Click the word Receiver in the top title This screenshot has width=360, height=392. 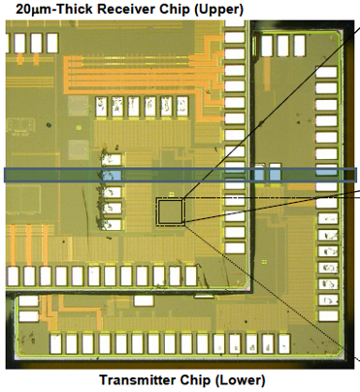(x=129, y=9)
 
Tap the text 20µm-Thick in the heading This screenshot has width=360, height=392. (x=54, y=9)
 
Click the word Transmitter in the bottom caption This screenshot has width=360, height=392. (x=138, y=380)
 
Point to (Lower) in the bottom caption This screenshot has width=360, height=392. (x=241, y=380)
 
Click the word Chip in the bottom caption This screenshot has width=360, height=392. (x=196, y=380)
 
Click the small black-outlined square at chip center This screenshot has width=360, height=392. (x=170, y=212)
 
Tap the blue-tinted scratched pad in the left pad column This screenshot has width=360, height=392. (x=112, y=176)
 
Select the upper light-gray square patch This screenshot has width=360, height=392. (x=78, y=106)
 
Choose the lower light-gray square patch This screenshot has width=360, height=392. (x=79, y=149)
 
